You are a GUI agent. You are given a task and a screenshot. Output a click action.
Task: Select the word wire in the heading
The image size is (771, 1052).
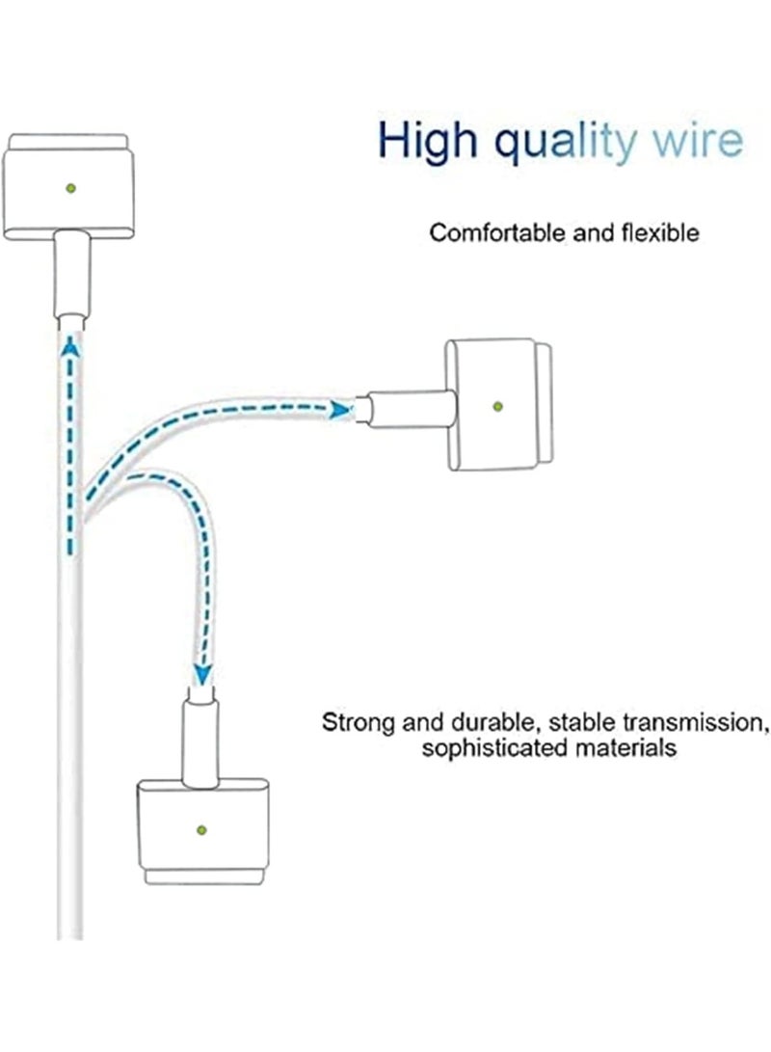point(698,140)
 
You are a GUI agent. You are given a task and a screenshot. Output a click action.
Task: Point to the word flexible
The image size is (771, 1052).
point(660,232)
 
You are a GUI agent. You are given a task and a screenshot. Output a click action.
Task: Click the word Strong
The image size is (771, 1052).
point(359,723)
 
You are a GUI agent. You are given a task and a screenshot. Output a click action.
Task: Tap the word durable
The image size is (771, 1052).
point(493,723)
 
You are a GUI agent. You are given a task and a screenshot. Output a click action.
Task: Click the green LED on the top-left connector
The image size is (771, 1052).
point(70,188)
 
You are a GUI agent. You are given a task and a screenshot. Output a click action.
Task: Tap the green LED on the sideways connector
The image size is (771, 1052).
point(497,406)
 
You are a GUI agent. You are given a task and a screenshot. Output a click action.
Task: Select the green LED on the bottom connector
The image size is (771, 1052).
point(201,830)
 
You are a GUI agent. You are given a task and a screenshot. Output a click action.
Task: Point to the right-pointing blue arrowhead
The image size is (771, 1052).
point(340,409)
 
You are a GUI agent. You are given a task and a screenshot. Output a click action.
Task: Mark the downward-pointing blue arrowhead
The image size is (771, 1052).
point(202,674)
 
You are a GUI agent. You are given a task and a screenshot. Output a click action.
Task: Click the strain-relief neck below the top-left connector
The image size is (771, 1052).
point(71,274)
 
